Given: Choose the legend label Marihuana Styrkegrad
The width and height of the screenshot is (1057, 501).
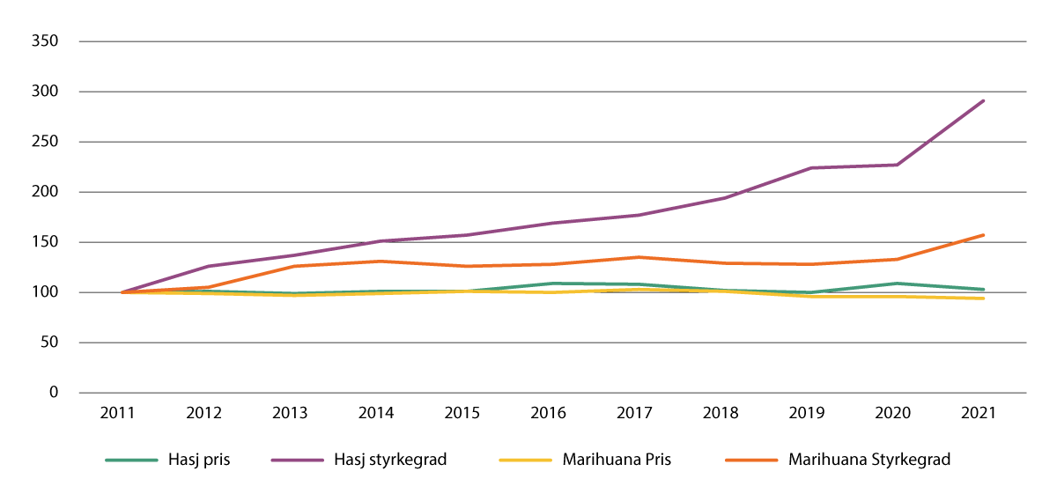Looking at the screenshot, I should [x=869, y=460].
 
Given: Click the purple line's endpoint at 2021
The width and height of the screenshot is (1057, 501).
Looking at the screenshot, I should [x=983, y=100].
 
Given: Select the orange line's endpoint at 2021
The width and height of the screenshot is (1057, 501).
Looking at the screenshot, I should [x=983, y=235].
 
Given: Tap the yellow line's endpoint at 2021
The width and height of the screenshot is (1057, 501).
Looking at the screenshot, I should [x=983, y=298].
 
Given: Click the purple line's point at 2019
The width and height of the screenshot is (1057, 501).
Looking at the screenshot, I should [x=810, y=168].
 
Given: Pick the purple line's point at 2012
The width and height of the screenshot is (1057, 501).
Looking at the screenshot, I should [x=208, y=266].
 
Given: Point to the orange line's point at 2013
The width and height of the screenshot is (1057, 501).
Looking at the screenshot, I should [x=294, y=266].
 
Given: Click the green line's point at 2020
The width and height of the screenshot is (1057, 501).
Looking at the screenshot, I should [x=897, y=284].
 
